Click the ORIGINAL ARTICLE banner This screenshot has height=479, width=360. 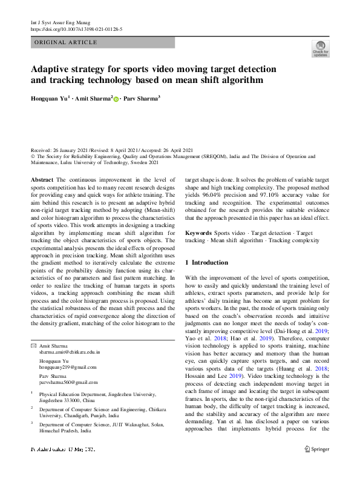pos(66,42)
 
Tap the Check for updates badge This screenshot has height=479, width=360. pos(320,49)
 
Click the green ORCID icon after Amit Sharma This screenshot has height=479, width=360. pos(116,98)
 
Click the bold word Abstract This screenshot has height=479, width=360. pos(42,180)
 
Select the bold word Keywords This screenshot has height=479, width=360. pos(198,233)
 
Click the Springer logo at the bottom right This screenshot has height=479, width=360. pos(316,466)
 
